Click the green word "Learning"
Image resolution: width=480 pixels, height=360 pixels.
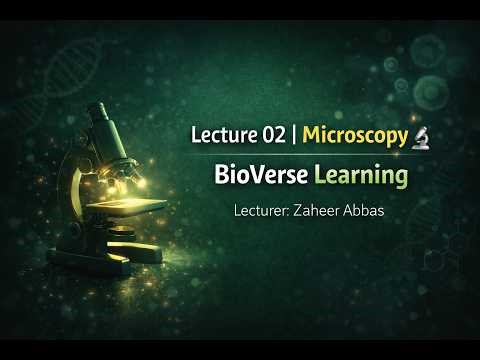(360, 178)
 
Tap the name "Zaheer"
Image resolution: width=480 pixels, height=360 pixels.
(328, 212)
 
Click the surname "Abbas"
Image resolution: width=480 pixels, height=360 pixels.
(378, 212)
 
